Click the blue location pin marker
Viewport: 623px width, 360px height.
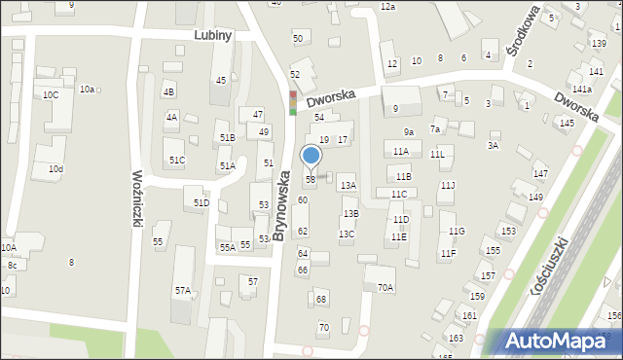[311, 157]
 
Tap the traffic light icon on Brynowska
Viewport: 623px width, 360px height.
[292, 102]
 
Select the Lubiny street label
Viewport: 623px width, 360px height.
[212, 34]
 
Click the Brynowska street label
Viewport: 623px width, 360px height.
[281, 205]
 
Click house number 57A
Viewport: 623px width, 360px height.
[183, 290]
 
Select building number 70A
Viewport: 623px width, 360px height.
[385, 287]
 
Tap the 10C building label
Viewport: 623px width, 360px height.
[51, 94]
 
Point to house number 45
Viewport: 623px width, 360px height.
[221, 80]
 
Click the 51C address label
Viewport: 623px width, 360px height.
[176, 160]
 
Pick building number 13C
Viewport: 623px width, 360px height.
[347, 234]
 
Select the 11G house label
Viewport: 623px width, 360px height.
[457, 231]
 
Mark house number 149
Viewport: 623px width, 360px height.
[535, 198]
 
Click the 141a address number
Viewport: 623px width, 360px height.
[582, 89]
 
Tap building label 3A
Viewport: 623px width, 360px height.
[493, 145]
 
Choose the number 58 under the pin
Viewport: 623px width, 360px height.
[311, 179]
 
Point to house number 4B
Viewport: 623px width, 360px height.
[169, 91]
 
